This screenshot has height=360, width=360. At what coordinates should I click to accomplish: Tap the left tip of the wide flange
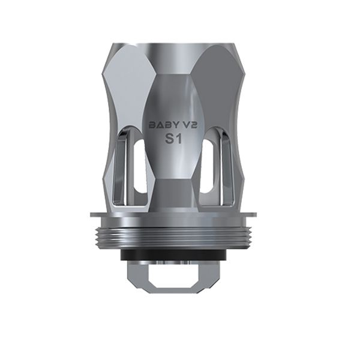(89, 215)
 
